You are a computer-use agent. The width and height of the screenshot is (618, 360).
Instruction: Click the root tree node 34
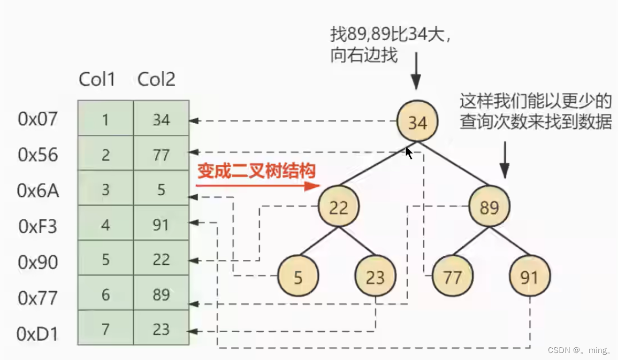click(417, 122)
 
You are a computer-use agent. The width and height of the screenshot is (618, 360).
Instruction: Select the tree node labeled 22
click(338, 207)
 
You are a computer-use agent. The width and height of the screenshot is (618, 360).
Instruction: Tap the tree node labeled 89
click(489, 207)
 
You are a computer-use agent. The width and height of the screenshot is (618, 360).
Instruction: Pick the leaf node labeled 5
click(297, 277)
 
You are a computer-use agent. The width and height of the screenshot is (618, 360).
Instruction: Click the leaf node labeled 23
click(375, 277)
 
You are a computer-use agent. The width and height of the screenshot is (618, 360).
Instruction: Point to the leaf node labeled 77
click(453, 277)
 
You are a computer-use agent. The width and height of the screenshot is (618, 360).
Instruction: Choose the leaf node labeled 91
click(530, 277)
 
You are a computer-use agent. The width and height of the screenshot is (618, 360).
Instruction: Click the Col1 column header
click(97, 80)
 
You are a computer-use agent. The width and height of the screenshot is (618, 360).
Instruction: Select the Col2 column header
click(156, 80)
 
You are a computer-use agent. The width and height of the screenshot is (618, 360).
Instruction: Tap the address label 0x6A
click(38, 191)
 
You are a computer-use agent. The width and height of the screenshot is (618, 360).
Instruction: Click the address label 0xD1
click(37, 334)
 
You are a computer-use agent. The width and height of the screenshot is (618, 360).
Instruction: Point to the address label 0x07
click(37, 119)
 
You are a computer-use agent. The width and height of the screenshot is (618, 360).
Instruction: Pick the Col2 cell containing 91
click(161, 224)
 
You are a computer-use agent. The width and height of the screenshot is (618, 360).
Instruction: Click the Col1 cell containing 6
click(105, 294)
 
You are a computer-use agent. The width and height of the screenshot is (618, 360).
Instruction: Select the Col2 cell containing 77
click(161, 155)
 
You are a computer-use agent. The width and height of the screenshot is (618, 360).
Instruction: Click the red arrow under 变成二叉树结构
click(257, 186)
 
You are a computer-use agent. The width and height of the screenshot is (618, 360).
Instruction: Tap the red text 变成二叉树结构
click(257, 171)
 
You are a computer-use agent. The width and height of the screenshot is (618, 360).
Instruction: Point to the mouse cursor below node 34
click(409, 154)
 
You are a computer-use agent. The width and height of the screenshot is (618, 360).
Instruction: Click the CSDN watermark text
click(579, 350)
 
